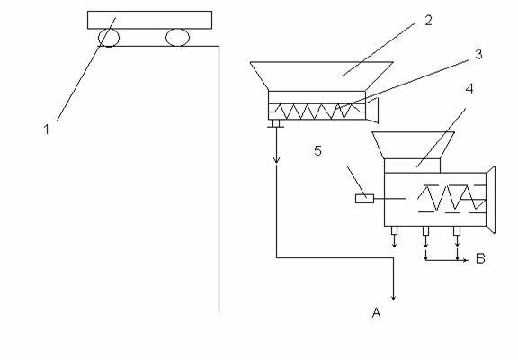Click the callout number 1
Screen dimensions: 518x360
47,130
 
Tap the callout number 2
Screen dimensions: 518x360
428,21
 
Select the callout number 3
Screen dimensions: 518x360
478,54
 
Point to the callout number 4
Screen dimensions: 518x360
469,88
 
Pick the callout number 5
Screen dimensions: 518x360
317,150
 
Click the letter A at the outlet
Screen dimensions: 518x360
376,312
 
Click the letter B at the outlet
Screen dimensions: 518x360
480,258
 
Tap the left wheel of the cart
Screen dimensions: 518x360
109,38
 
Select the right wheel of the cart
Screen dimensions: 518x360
177,38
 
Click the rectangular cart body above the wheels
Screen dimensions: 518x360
149,20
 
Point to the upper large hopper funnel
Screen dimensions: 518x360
321,76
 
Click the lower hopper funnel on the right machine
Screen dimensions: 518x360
413,145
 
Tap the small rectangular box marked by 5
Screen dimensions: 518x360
364,199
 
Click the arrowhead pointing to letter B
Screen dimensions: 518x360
466,260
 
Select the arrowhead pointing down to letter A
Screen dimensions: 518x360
393,297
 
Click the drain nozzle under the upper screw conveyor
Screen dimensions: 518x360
276,123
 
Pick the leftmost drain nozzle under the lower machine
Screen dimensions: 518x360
394,230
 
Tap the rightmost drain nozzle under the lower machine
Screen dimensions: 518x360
457,230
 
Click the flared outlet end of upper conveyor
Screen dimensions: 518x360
372,111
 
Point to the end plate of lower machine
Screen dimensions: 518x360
491,200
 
